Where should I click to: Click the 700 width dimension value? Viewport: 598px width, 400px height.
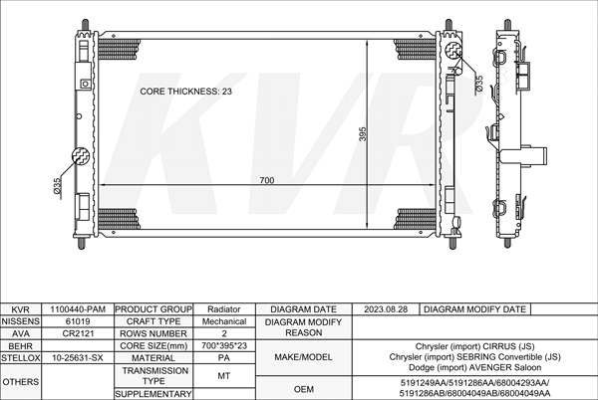(x=266, y=180)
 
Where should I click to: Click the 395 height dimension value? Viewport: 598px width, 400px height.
(x=363, y=134)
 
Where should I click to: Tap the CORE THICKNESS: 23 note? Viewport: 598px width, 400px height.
(x=185, y=92)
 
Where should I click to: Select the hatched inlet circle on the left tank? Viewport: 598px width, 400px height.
(x=81, y=156)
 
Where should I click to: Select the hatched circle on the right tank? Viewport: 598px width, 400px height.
(x=453, y=50)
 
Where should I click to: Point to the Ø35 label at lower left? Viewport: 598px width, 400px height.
(x=57, y=185)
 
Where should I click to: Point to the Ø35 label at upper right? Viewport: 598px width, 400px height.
(x=479, y=83)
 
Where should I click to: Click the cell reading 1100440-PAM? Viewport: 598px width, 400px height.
(x=78, y=309)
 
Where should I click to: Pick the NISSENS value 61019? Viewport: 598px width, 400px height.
(x=78, y=321)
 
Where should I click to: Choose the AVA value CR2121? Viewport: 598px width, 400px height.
(x=78, y=333)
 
